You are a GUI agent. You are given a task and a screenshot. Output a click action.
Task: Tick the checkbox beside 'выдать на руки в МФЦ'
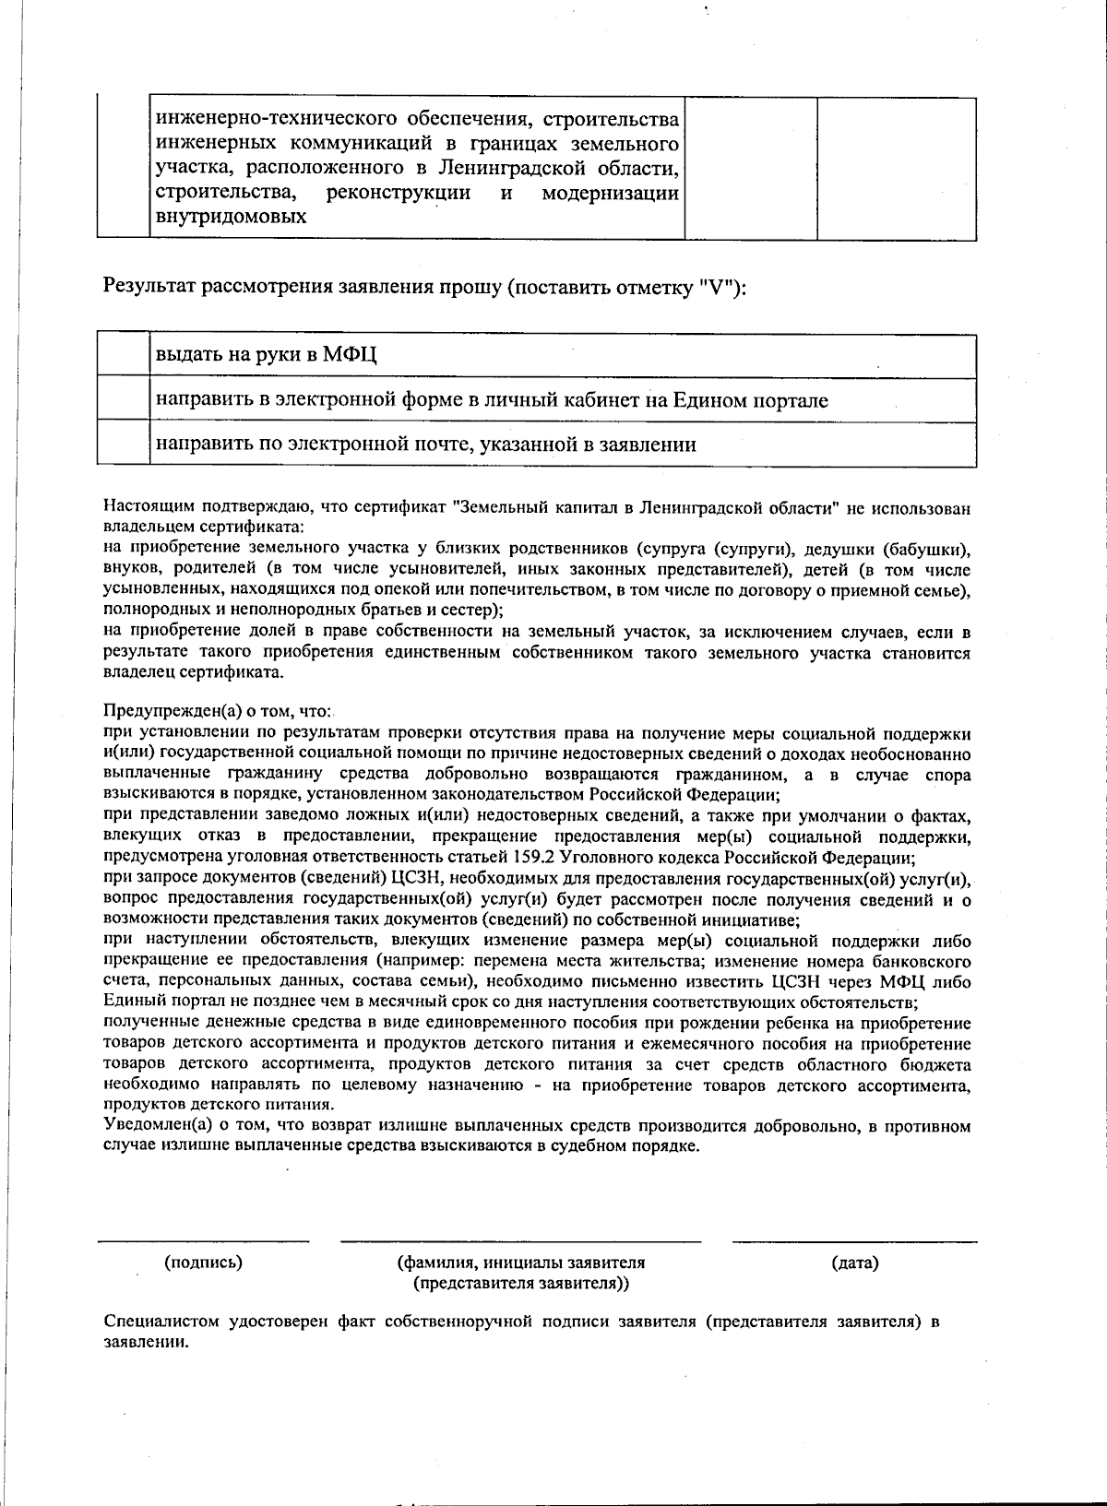pyautogui.click(x=124, y=355)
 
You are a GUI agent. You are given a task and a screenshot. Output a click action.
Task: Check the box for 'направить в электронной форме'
pyautogui.click(x=124, y=399)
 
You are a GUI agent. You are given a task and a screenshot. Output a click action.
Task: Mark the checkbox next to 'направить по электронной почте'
pyautogui.click(x=124, y=444)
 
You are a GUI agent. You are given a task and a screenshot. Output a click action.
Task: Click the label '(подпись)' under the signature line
pyautogui.click(x=203, y=1262)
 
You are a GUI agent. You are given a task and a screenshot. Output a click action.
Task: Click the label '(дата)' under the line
pyautogui.click(x=854, y=1262)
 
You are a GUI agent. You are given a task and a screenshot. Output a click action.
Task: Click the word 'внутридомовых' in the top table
pyautogui.click(x=231, y=218)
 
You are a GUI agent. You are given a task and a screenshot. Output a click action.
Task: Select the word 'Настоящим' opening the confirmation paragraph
pyautogui.click(x=146, y=507)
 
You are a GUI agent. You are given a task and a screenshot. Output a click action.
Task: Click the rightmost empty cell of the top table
pyautogui.click(x=897, y=168)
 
